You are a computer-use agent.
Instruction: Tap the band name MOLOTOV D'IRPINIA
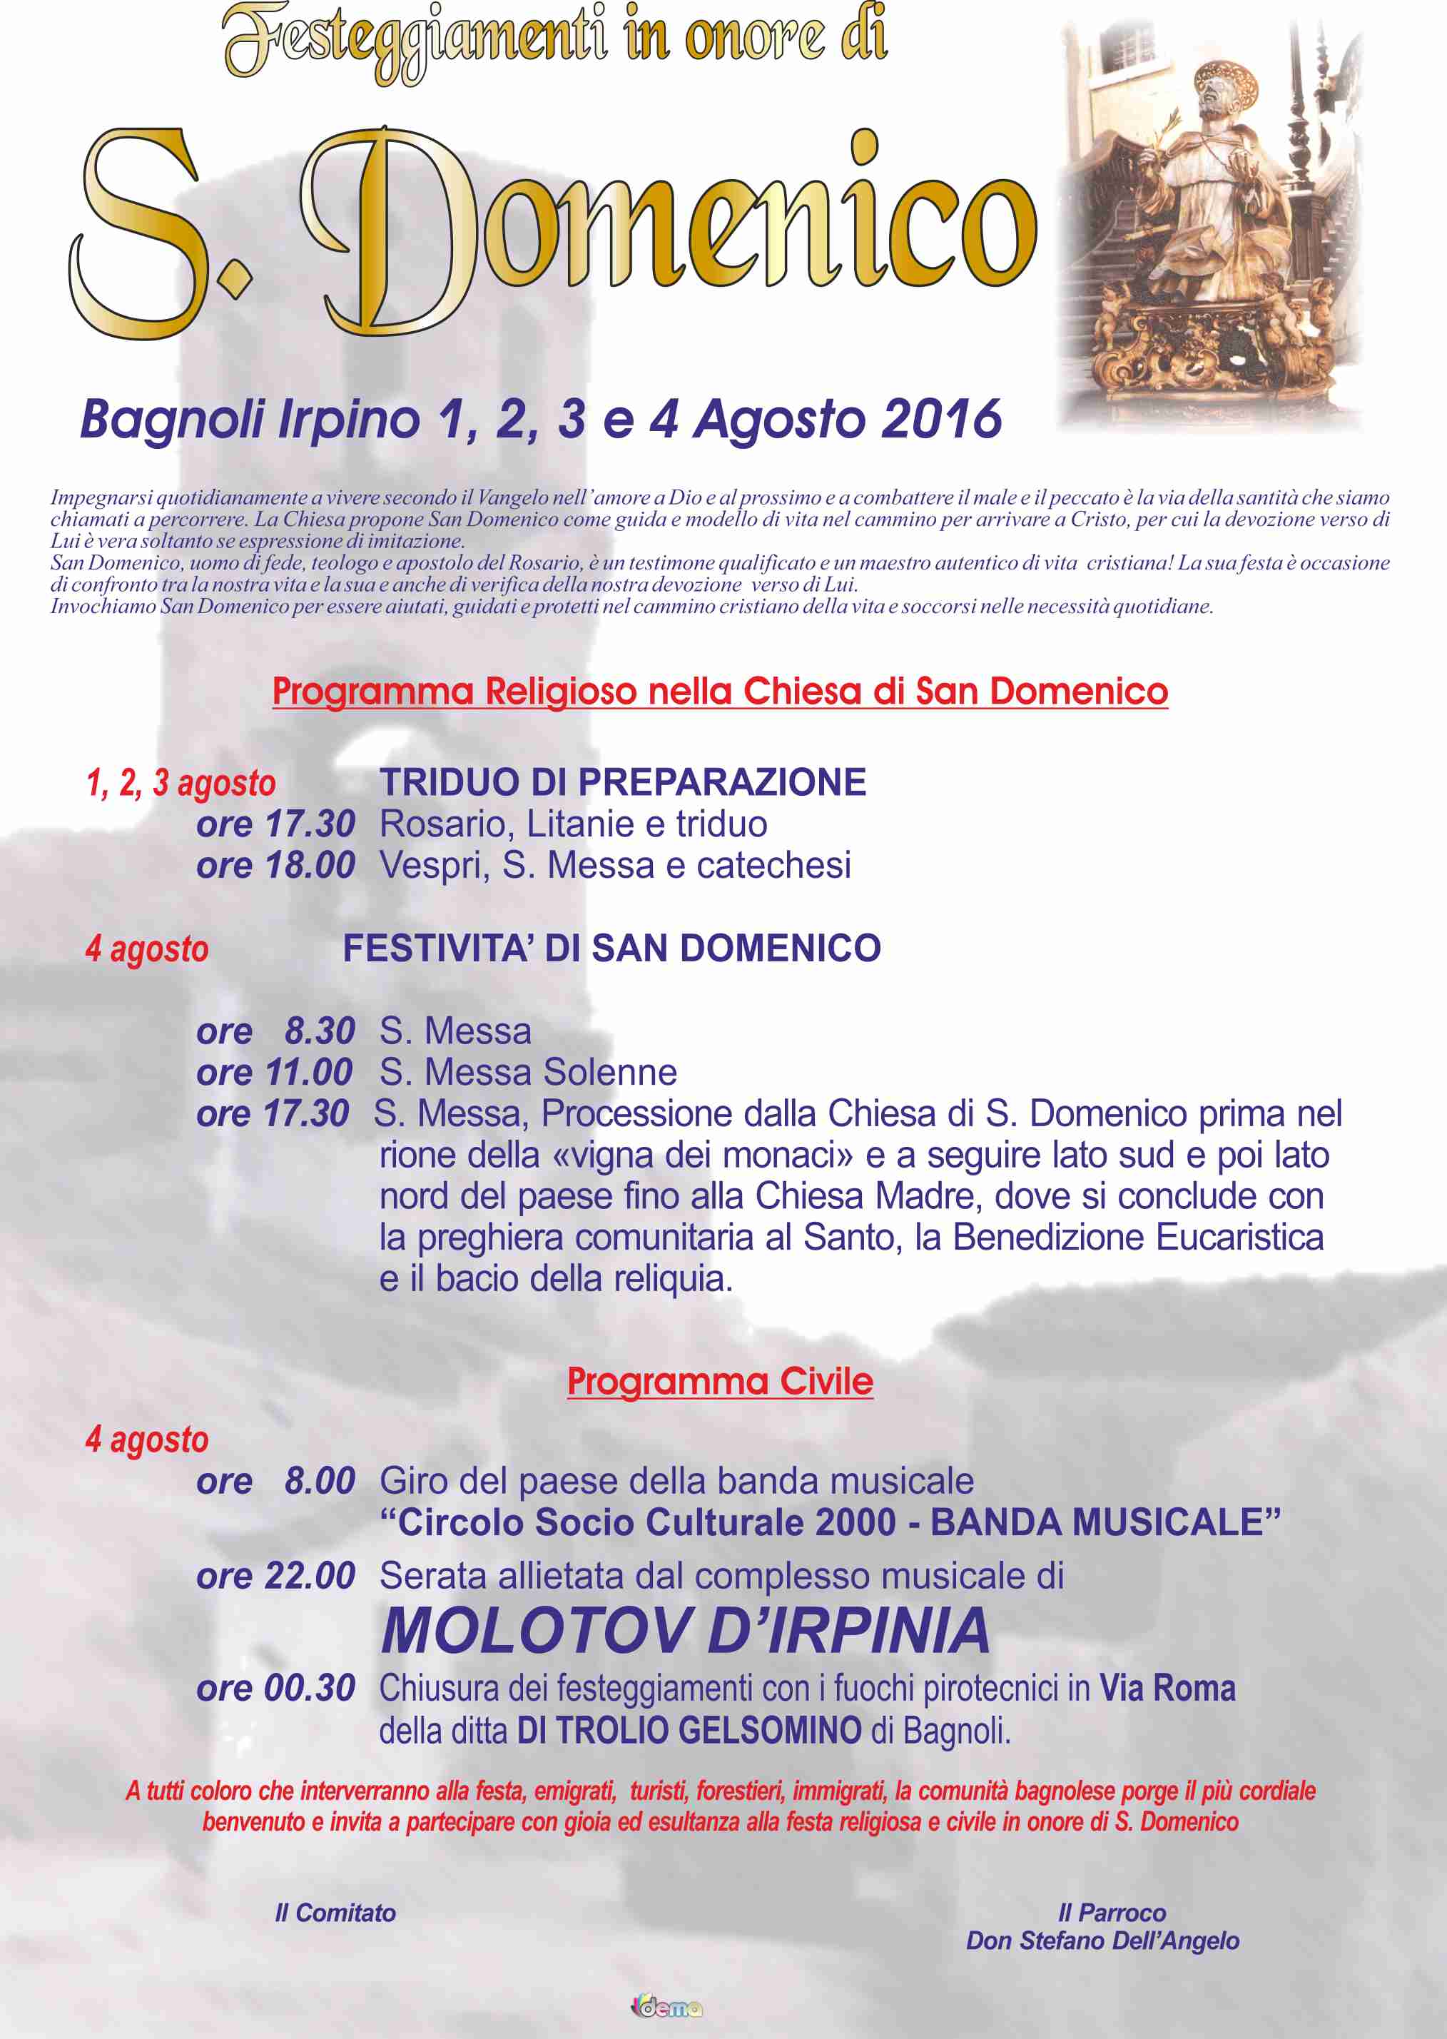[x=685, y=1631]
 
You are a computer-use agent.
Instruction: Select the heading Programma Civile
[x=720, y=1380]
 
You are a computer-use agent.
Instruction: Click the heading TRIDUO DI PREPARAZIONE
[x=623, y=782]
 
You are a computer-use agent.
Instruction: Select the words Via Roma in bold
[x=1167, y=1688]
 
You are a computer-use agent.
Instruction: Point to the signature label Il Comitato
[x=335, y=1913]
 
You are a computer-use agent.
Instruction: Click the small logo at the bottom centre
[x=666, y=2008]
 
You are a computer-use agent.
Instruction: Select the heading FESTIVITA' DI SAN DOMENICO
[x=612, y=948]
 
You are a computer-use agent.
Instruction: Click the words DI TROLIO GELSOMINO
[x=689, y=1730]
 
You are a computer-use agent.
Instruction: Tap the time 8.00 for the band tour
[x=319, y=1480]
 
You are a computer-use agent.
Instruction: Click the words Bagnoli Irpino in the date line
[x=250, y=419]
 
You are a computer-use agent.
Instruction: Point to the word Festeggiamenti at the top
[x=415, y=40]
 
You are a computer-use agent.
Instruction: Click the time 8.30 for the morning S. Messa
[x=319, y=1031]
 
